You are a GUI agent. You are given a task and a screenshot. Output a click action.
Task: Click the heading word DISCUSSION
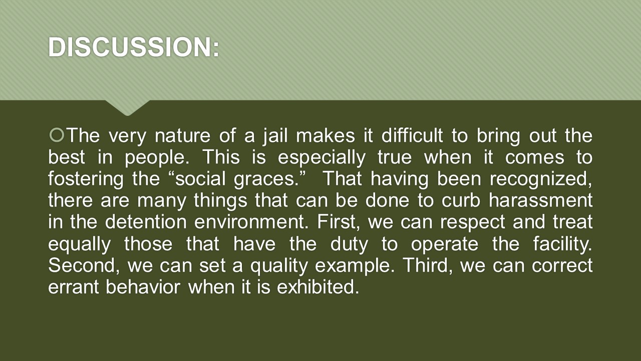[x=131, y=47]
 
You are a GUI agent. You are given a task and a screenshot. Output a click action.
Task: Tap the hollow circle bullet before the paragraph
[x=57, y=135]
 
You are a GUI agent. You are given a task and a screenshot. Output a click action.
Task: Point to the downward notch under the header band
[x=128, y=108]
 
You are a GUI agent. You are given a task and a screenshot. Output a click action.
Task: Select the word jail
[x=275, y=136]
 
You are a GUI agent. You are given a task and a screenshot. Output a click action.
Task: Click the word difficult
[x=412, y=135]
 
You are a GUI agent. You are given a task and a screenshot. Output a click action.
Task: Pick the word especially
[x=322, y=157]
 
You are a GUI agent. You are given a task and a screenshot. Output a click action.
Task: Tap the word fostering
[x=86, y=179]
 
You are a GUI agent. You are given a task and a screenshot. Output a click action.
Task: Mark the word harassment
[x=540, y=200]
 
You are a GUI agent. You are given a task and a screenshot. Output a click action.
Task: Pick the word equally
[x=79, y=244]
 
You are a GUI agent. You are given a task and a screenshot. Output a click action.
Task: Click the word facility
[x=562, y=244]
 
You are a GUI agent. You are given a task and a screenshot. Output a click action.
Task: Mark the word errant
[x=73, y=287]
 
